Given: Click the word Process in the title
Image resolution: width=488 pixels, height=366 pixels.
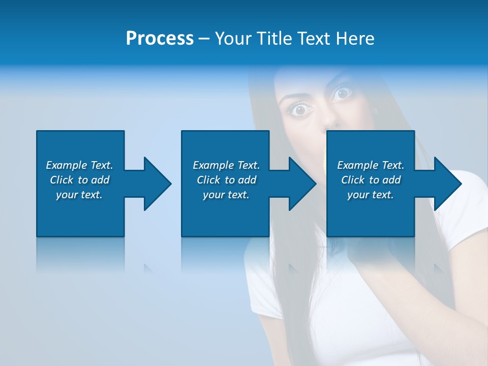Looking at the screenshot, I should click(160, 39).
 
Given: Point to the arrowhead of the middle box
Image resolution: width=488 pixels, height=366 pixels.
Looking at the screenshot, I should click(302, 184).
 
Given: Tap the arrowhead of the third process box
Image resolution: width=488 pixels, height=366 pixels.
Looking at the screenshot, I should click(447, 184).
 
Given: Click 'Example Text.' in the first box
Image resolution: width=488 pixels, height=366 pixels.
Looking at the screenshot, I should click(79, 165).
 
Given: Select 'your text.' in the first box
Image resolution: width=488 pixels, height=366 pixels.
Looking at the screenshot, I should click(79, 195).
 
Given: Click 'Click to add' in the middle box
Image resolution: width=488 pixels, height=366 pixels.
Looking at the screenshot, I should click(226, 180).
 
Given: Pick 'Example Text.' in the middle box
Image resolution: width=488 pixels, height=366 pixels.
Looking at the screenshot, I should click(226, 165).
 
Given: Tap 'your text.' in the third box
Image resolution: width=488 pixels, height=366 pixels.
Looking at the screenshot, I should click(371, 195).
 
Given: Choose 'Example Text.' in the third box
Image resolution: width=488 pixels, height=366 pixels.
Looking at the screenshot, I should click(371, 165).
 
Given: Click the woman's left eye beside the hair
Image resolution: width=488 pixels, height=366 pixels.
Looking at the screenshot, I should click(301, 109).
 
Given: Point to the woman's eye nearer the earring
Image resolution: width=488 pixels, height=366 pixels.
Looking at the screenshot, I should click(342, 93).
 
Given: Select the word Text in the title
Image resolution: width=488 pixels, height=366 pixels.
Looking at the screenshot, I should click(314, 39).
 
